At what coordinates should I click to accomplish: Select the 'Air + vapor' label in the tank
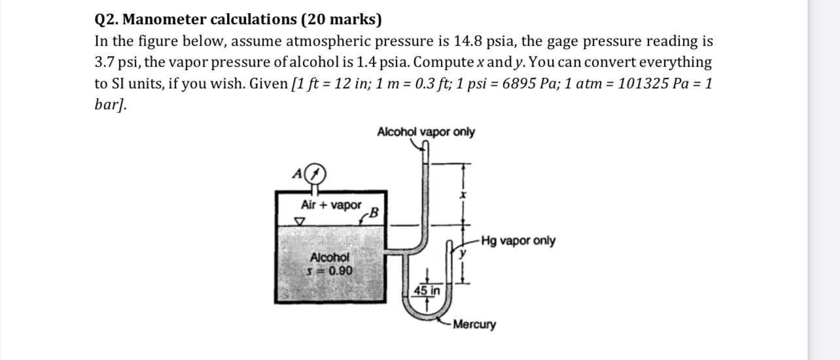point(330,205)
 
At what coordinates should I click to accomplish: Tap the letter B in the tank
point(374,211)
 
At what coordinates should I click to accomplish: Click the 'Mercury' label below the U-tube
point(474,325)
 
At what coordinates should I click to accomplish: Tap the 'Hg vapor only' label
point(517,241)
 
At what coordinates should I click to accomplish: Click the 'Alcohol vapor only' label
point(426,132)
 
